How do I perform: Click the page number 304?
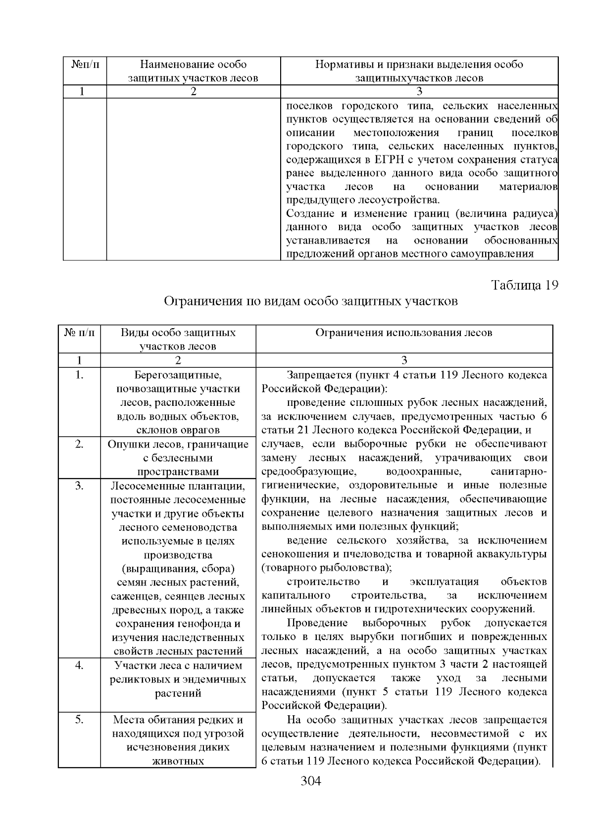click(x=311, y=782)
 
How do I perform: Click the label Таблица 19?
click(x=524, y=285)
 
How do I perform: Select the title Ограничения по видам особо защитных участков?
click(x=311, y=301)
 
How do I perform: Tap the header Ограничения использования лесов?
click(x=404, y=333)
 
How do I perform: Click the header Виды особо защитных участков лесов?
click(x=178, y=339)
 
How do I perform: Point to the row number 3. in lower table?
click(x=79, y=486)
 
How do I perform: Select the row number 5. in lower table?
click(x=79, y=719)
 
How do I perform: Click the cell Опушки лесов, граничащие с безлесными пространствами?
click(x=178, y=458)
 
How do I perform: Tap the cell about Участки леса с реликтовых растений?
click(x=178, y=679)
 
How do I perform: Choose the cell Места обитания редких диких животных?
click(x=178, y=740)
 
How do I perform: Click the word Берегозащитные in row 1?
click(x=178, y=375)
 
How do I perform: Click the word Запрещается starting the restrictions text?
click(x=314, y=375)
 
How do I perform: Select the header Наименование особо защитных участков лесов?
click(x=194, y=71)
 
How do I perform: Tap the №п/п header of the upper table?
click(x=85, y=64)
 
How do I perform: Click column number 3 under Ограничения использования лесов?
click(x=404, y=360)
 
